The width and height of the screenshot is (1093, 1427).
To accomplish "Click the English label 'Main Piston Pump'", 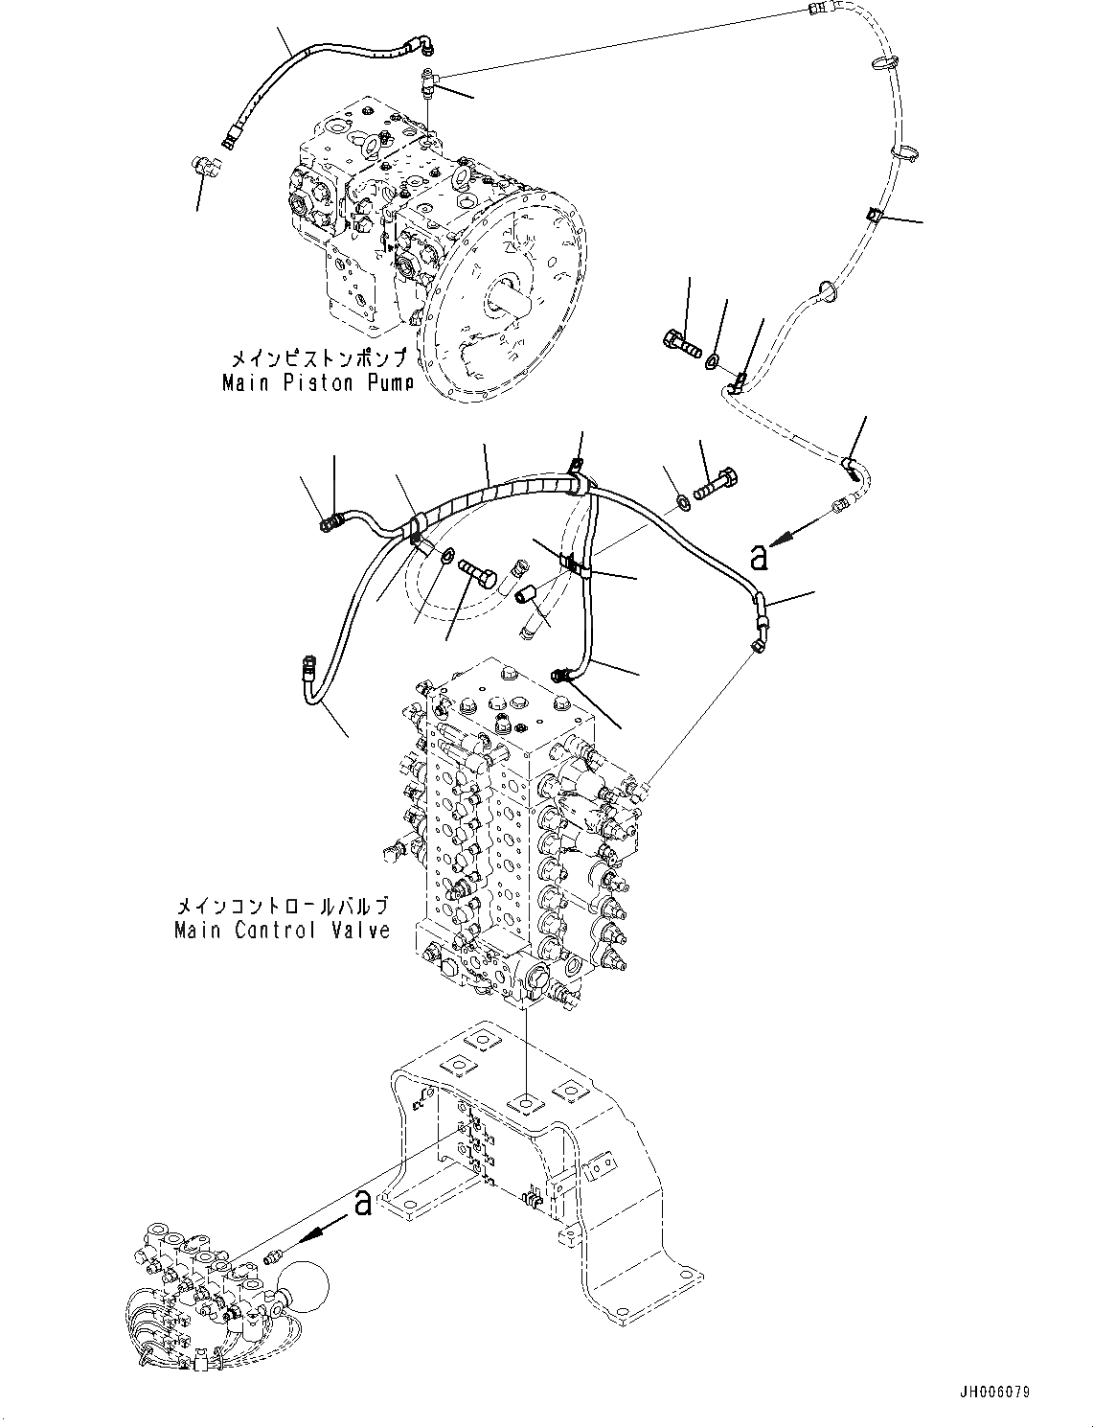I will [318, 382].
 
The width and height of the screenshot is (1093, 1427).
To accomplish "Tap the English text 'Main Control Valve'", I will [283, 930].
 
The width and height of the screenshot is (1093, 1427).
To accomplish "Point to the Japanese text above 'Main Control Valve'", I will [283, 906].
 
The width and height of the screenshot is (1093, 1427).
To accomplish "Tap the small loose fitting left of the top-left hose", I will [204, 168].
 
